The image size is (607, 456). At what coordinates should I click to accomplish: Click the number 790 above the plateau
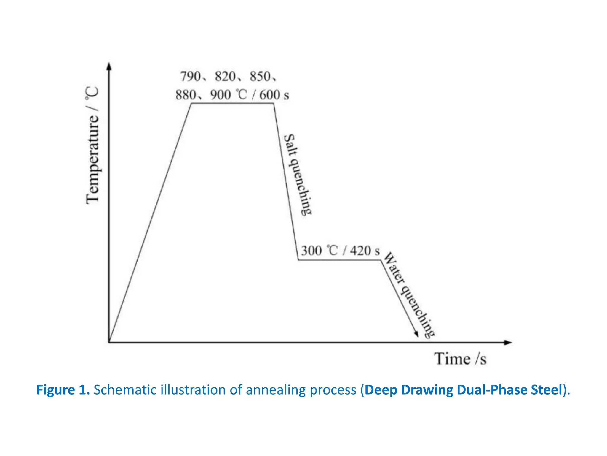[191, 77]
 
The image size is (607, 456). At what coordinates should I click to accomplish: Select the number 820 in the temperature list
[225, 77]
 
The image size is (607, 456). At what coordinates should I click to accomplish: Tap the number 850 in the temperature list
[260, 77]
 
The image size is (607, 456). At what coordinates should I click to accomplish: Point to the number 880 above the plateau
[186, 95]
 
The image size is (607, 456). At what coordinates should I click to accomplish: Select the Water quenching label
[409, 295]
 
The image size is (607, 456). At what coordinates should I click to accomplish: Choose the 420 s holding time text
[365, 251]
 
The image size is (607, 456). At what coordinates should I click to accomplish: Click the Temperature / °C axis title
[92, 145]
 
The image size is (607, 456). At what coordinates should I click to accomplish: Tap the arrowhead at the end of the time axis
[508, 343]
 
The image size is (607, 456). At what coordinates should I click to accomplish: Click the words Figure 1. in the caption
[63, 390]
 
